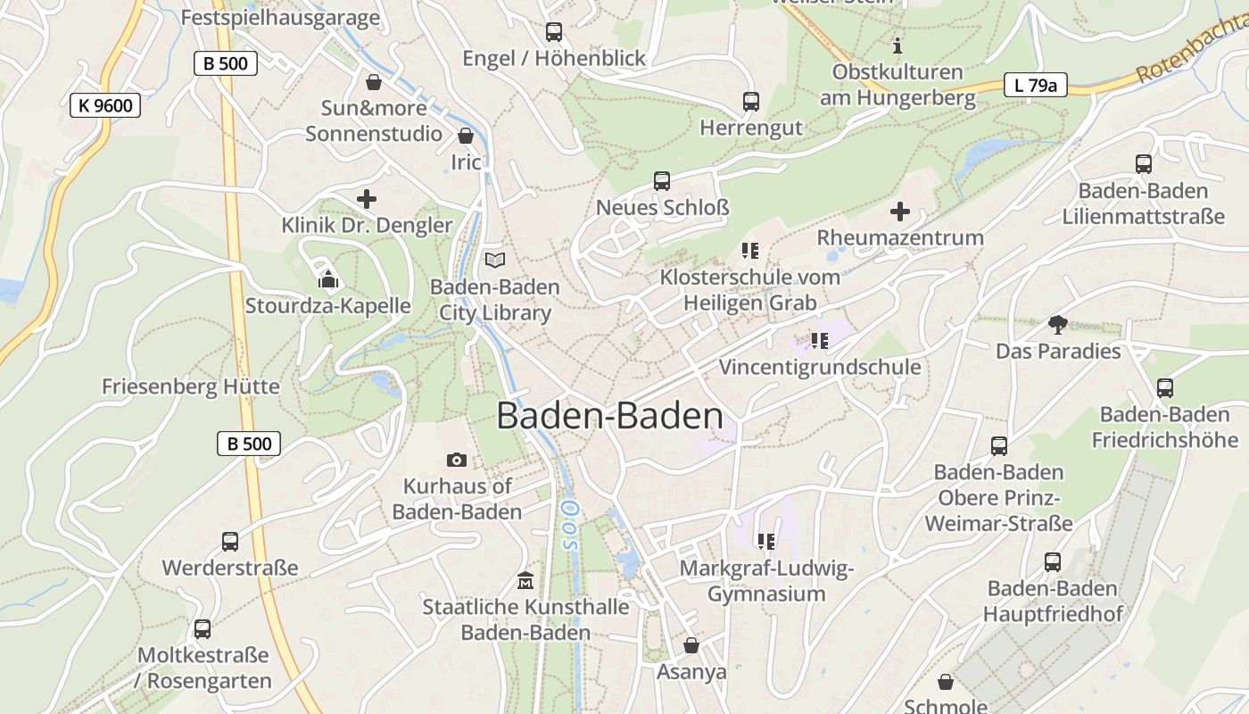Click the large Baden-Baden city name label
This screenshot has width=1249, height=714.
[x=609, y=417]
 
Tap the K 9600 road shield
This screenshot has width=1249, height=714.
[x=105, y=105]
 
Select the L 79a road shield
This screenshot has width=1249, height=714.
[x=1035, y=86]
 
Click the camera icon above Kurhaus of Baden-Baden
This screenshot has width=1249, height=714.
[x=457, y=460]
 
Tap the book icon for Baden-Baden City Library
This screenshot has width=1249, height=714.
[x=494, y=260]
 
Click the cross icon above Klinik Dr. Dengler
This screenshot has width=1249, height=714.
[x=367, y=199]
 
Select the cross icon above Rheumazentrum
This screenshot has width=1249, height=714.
[x=900, y=212]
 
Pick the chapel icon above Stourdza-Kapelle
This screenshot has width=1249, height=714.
[x=328, y=280]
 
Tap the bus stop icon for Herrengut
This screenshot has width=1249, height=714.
[x=751, y=102]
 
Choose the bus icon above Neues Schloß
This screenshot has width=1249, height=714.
[x=662, y=181]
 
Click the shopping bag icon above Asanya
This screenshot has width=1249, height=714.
[x=691, y=645]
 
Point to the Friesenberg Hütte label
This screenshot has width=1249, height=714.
[x=190, y=387]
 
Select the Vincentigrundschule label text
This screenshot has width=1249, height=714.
[x=819, y=367]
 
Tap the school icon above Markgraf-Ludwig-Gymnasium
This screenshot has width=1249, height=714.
[x=766, y=542]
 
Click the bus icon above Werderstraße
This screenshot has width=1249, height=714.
[x=230, y=542]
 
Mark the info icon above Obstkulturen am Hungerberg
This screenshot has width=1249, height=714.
[x=897, y=45]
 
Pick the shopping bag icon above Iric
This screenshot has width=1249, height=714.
[x=466, y=137]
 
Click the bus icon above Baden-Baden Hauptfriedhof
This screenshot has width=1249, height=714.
[x=1053, y=562]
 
